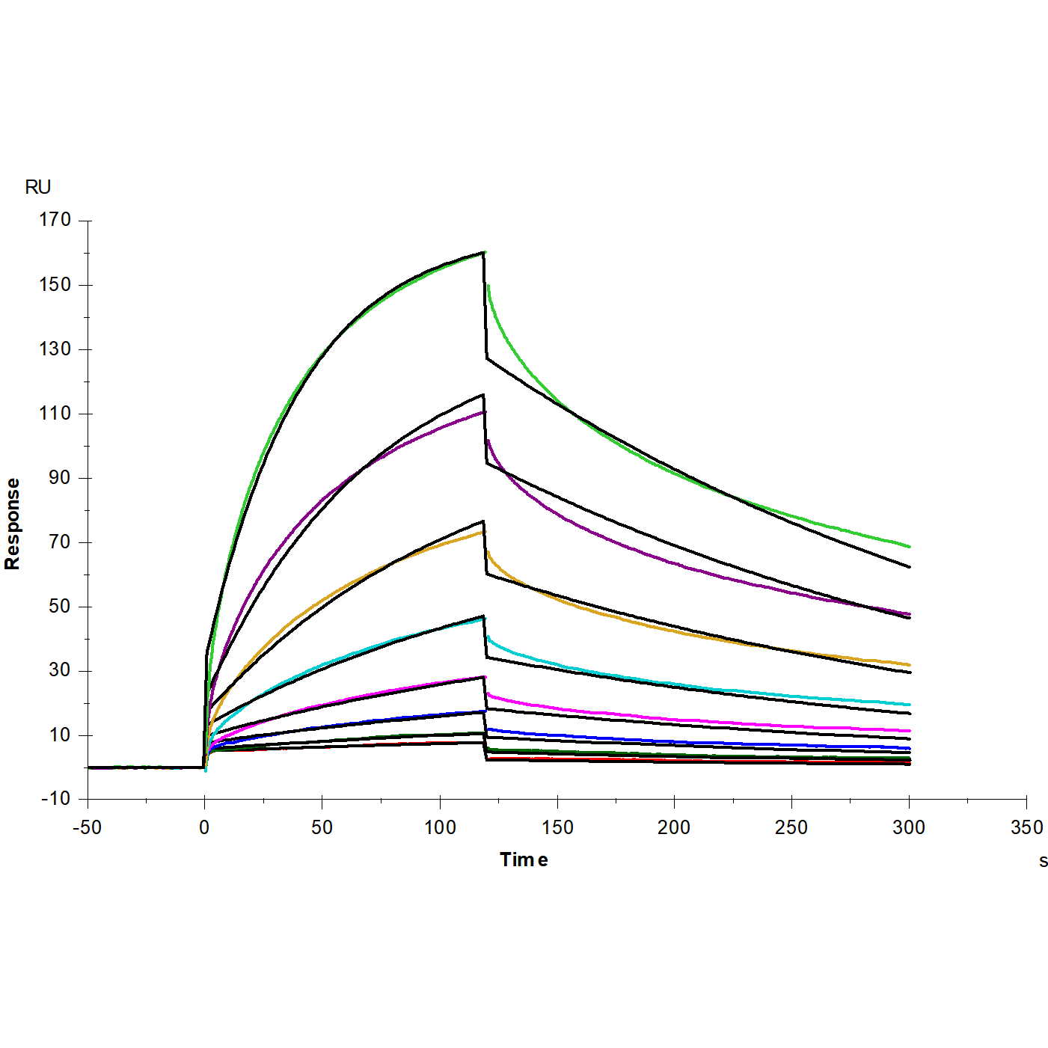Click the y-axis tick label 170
pos(55,220)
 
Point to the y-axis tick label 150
pos(55,285)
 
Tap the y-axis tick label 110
pos(55,414)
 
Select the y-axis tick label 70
pos(59,542)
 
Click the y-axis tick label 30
pos(59,671)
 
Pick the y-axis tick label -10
pos(55,799)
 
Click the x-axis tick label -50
pos(87,828)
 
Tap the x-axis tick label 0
pos(204,828)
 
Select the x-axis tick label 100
pos(440,828)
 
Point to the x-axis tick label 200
pos(674,828)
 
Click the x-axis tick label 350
pos(1026,828)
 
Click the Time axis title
pos(524,860)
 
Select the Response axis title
pos(13,524)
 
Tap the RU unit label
pos(38,187)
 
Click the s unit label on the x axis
pos(1043,862)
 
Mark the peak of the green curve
pos(485,253)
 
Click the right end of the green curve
pos(910,547)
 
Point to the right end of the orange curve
pos(910,665)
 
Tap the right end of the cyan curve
pos(910,705)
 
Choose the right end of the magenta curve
pos(910,731)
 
